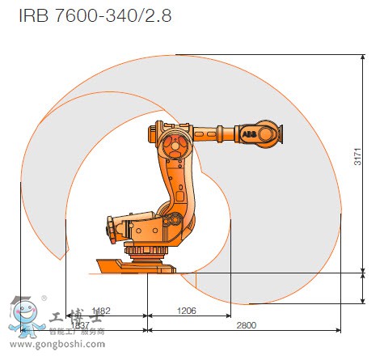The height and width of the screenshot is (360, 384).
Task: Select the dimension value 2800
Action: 247,324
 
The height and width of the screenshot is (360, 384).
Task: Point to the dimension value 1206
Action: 187,311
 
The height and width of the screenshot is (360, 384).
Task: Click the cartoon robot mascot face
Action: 25,311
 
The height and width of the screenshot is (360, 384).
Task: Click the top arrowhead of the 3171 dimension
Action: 361,57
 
